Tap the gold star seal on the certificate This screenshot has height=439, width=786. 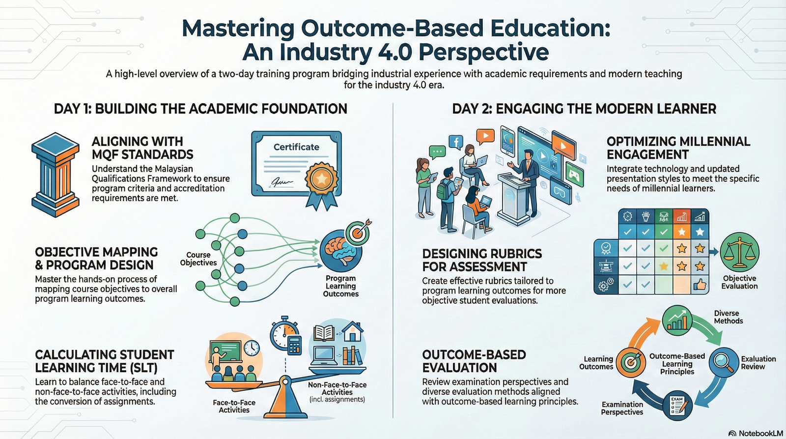click(321, 179)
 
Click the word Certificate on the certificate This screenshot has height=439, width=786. click(296, 147)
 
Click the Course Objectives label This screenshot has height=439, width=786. click(198, 259)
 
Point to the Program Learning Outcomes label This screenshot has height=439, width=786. click(340, 286)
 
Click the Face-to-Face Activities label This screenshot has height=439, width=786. click(234, 406)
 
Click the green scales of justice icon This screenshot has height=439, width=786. click(740, 253)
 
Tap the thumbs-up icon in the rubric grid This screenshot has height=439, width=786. click(700, 285)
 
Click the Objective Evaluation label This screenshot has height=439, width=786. click(739, 282)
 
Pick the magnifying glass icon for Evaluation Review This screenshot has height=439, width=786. click(724, 362)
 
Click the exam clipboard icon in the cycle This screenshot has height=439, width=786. click(677, 405)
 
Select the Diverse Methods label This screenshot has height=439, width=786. click(728, 317)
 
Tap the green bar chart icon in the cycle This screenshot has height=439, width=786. click(677, 320)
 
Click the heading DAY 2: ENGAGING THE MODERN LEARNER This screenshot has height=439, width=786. click(584, 109)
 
